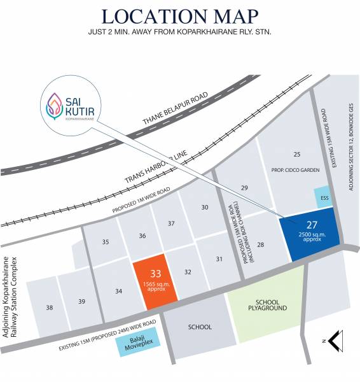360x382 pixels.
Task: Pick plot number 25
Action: [296, 155]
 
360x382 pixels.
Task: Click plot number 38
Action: [50, 307]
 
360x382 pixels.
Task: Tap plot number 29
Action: [244, 187]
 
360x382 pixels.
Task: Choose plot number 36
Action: [142, 236]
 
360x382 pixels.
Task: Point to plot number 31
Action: [219, 258]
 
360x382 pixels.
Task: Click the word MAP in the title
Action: [229, 17]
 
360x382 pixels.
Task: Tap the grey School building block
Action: [200, 327]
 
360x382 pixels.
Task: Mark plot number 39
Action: [81, 302]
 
